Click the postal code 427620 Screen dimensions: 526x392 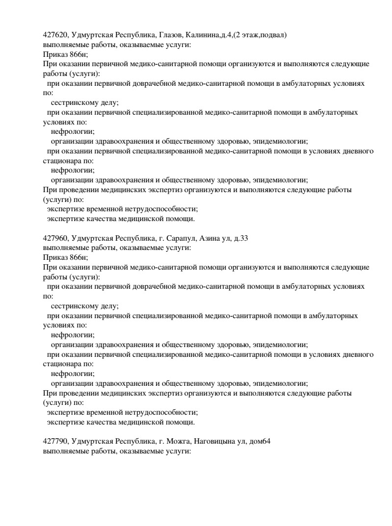click(55, 35)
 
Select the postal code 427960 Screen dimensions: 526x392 click(55, 239)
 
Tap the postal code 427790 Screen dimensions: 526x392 click(55, 442)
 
